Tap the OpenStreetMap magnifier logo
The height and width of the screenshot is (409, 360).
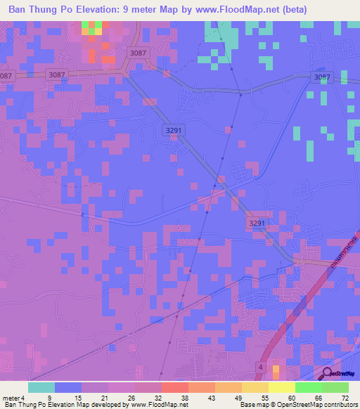327,374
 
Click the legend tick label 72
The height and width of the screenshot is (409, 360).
345,397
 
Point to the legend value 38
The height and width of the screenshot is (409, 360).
184,397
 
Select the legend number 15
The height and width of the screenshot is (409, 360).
77,397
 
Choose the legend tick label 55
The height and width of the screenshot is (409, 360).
265,397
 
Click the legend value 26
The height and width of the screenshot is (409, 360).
131,397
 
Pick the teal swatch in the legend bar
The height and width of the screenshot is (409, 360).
41,387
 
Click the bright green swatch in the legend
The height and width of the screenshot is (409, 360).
309,387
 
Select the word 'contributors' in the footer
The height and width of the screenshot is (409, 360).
340,405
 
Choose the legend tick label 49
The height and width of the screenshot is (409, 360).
238,397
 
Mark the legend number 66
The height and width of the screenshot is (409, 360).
318,397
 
